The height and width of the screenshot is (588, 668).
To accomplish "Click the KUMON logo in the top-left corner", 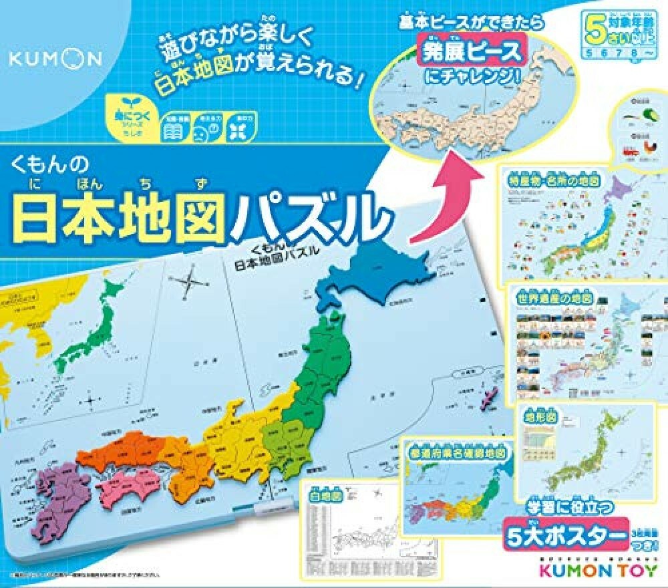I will [x=55, y=59].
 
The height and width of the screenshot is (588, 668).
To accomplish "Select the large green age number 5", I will [x=593, y=30].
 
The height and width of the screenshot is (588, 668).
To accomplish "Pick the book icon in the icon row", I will [x=172, y=131].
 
